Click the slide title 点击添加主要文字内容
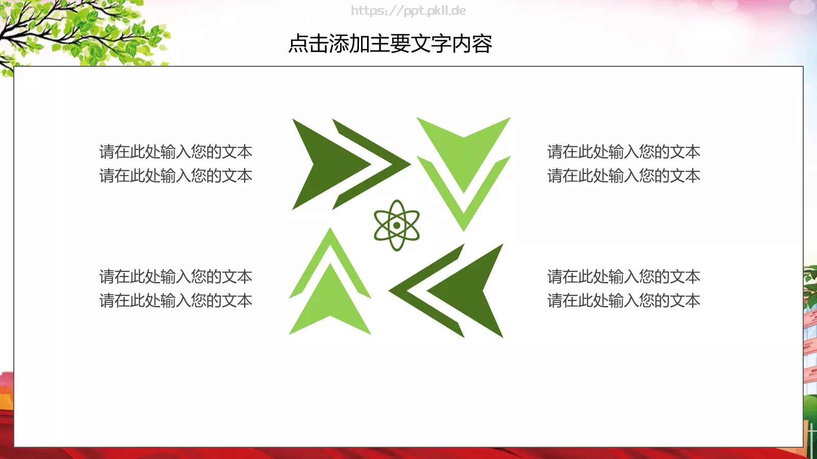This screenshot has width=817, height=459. click(x=390, y=44)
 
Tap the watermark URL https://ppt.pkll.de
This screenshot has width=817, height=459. click(x=408, y=11)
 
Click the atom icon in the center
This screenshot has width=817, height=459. click(x=397, y=225)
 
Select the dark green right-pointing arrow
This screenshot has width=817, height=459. click(x=327, y=164)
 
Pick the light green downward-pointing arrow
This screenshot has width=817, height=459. click(x=463, y=153)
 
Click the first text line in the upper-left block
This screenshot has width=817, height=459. click(x=176, y=151)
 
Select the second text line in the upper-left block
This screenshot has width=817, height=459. click(x=176, y=175)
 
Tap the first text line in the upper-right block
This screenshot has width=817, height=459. click(x=623, y=151)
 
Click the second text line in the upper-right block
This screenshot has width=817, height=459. click(x=623, y=175)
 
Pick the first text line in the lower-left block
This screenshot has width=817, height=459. click(x=176, y=276)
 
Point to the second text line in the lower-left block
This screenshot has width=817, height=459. click(x=176, y=300)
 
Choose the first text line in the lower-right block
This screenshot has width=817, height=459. click(x=623, y=276)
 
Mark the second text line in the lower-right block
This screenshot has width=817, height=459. click(x=623, y=300)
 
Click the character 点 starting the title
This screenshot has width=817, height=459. click(x=298, y=44)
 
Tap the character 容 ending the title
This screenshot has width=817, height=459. click(x=482, y=44)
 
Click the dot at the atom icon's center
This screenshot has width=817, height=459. click(x=397, y=225)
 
